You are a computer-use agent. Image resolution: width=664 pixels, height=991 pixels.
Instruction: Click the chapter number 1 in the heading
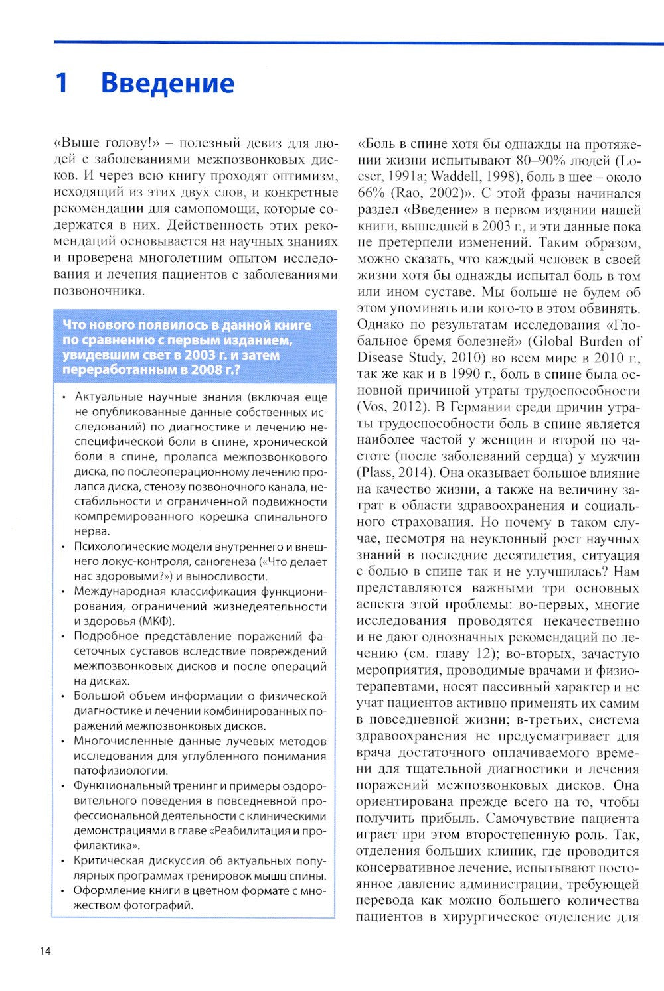pyautogui.click(x=61, y=84)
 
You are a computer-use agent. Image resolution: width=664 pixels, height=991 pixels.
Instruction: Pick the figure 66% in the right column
pyautogui.click(x=370, y=194)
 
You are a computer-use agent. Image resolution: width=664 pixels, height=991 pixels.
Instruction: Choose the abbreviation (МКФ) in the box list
pyautogui.click(x=157, y=621)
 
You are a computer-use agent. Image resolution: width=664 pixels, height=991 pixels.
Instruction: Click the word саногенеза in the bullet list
pyautogui.click(x=232, y=562)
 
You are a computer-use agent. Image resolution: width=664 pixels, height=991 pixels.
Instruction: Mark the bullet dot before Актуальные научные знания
pyautogui.click(x=63, y=398)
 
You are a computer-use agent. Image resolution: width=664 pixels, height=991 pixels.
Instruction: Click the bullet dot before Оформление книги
pyautogui.click(x=63, y=892)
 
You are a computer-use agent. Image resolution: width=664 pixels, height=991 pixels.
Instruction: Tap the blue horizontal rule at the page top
pyautogui.click(x=359, y=43)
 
